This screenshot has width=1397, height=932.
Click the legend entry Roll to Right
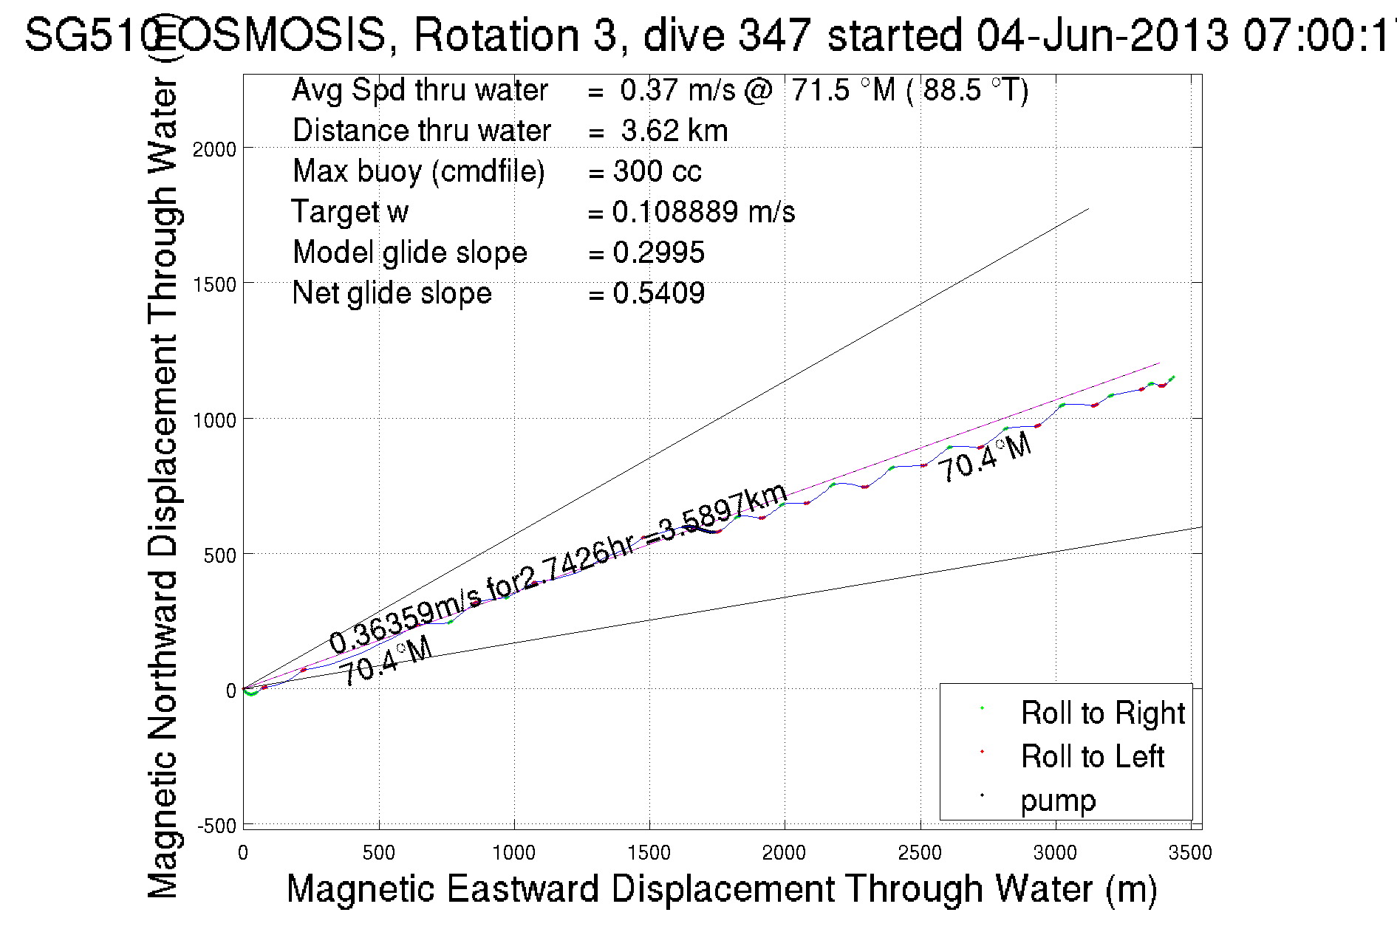point(1101,713)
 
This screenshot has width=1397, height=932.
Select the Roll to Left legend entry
point(1092,757)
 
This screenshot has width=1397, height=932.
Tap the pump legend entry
point(1058,801)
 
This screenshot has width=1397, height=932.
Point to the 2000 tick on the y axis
point(214,149)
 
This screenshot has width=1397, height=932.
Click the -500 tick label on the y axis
point(216,826)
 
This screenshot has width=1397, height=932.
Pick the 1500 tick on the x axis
point(649,853)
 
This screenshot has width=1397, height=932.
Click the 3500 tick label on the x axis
point(1190,853)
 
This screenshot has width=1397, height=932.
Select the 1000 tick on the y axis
point(214,420)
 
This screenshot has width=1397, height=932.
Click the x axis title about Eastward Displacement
point(721,888)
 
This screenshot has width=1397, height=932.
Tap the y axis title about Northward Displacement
point(163,487)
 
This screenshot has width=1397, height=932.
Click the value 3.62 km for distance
point(674,131)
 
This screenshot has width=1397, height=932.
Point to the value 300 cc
point(657,171)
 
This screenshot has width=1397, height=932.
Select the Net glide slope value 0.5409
point(658,293)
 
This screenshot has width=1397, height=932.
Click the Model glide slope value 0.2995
point(658,253)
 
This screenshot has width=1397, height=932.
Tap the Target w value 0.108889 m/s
point(703,212)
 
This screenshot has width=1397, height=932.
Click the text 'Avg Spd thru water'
point(420,90)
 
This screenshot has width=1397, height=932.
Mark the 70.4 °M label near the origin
point(385,662)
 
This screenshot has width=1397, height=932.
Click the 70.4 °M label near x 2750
point(985,458)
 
